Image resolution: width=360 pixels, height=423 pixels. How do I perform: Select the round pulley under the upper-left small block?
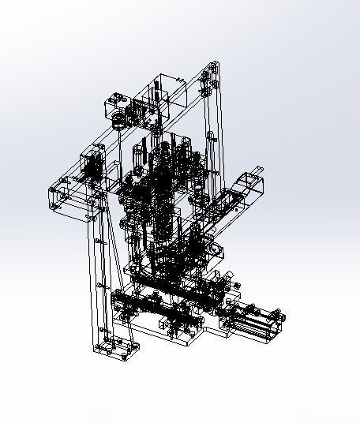coord(118,121)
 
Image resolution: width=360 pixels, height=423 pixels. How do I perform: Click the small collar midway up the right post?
coord(211,139)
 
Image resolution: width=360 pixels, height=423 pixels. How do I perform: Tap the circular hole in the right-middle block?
coord(216,250)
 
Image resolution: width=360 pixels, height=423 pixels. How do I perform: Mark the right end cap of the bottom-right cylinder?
coord(279,319)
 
